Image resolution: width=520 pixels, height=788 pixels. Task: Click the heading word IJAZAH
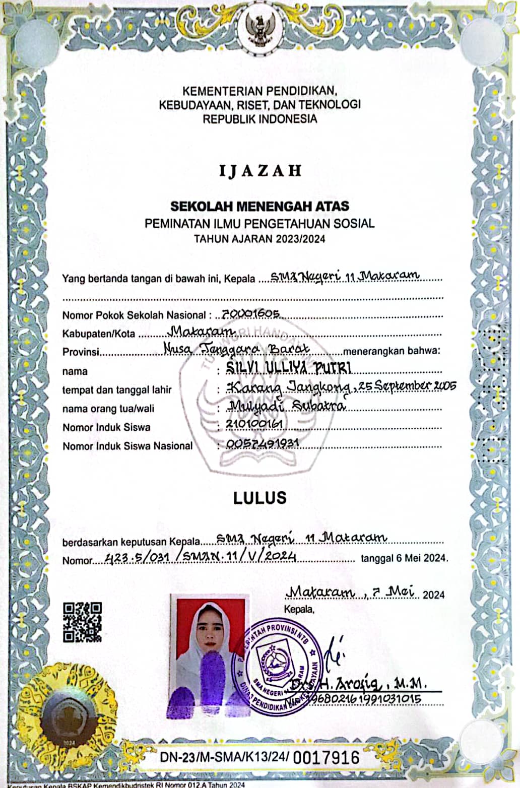tap(260, 170)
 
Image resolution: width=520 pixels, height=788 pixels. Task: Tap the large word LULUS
tap(260, 498)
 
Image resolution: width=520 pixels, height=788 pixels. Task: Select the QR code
tap(83, 622)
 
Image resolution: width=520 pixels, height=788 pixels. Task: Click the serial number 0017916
tap(326, 757)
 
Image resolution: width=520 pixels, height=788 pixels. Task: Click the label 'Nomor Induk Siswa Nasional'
tap(127, 446)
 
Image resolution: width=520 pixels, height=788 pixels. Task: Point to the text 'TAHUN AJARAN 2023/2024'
tap(260, 239)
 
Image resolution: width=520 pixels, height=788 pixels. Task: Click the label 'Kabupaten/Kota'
tap(99, 334)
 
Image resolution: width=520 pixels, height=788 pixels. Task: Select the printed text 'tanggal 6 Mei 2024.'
tap(404, 558)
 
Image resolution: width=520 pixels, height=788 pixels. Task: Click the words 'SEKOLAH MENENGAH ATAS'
tap(260, 206)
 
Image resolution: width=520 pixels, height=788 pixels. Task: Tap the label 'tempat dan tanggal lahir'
tap(117, 390)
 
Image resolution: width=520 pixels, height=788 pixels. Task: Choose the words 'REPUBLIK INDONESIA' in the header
tap(260, 119)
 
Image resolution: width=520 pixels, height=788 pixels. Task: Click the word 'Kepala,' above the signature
tap(299, 609)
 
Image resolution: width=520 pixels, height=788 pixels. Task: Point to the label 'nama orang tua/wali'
tap(108, 409)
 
